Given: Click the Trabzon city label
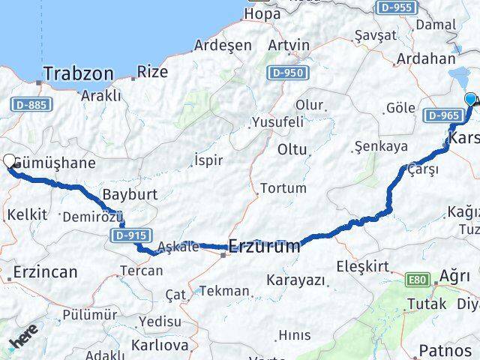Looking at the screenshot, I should [79, 73].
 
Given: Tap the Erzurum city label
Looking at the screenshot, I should [264, 245].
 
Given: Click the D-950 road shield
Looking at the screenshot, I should [286, 73].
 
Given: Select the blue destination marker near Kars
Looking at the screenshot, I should [471, 100].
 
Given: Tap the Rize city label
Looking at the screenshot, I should [152, 72].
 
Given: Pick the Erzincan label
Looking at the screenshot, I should [45, 271].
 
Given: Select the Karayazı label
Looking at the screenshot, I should [296, 280].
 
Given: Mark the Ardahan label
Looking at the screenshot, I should [425, 58].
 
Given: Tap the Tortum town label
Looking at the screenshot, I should [281, 187].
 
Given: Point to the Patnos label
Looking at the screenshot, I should [445, 350].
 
